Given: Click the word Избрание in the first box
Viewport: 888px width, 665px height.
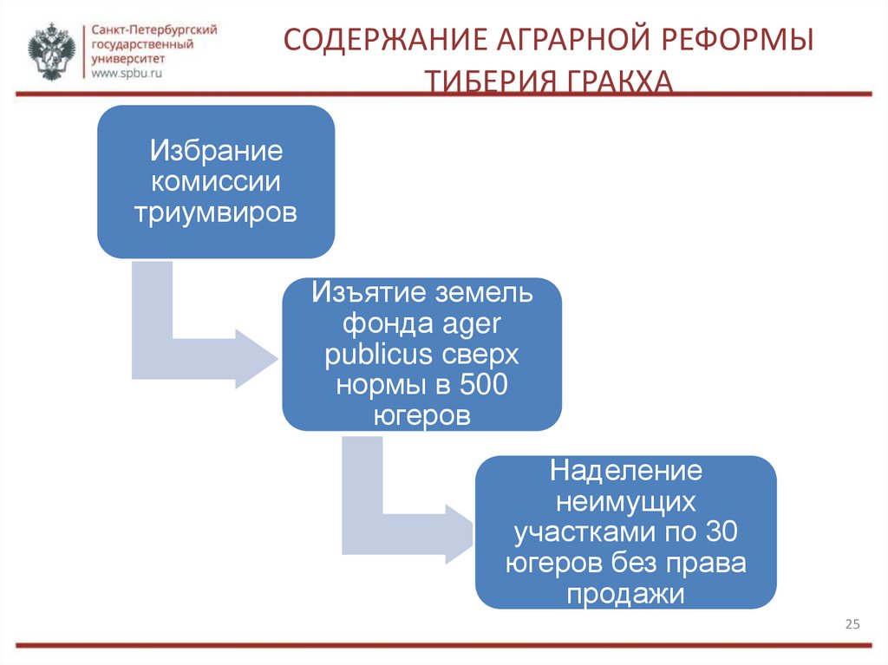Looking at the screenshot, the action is tap(217, 152).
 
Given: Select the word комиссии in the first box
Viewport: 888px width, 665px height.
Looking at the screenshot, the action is tap(217, 182).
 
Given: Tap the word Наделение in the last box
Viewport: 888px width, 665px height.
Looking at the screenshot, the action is tap(625, 472).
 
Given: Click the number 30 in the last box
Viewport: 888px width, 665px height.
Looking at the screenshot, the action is tap(721, 532).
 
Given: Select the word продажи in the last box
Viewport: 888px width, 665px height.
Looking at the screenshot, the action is tap(625, 594).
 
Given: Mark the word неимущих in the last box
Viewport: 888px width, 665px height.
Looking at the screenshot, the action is tap(625, 502).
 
